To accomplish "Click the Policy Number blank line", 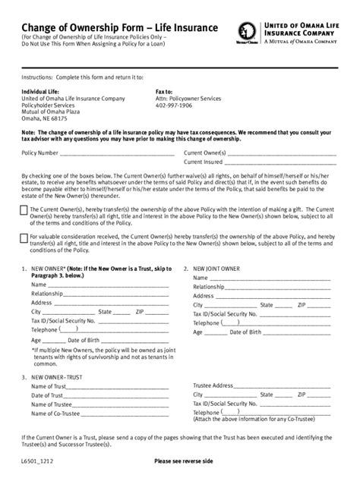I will [x=114, y=154].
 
